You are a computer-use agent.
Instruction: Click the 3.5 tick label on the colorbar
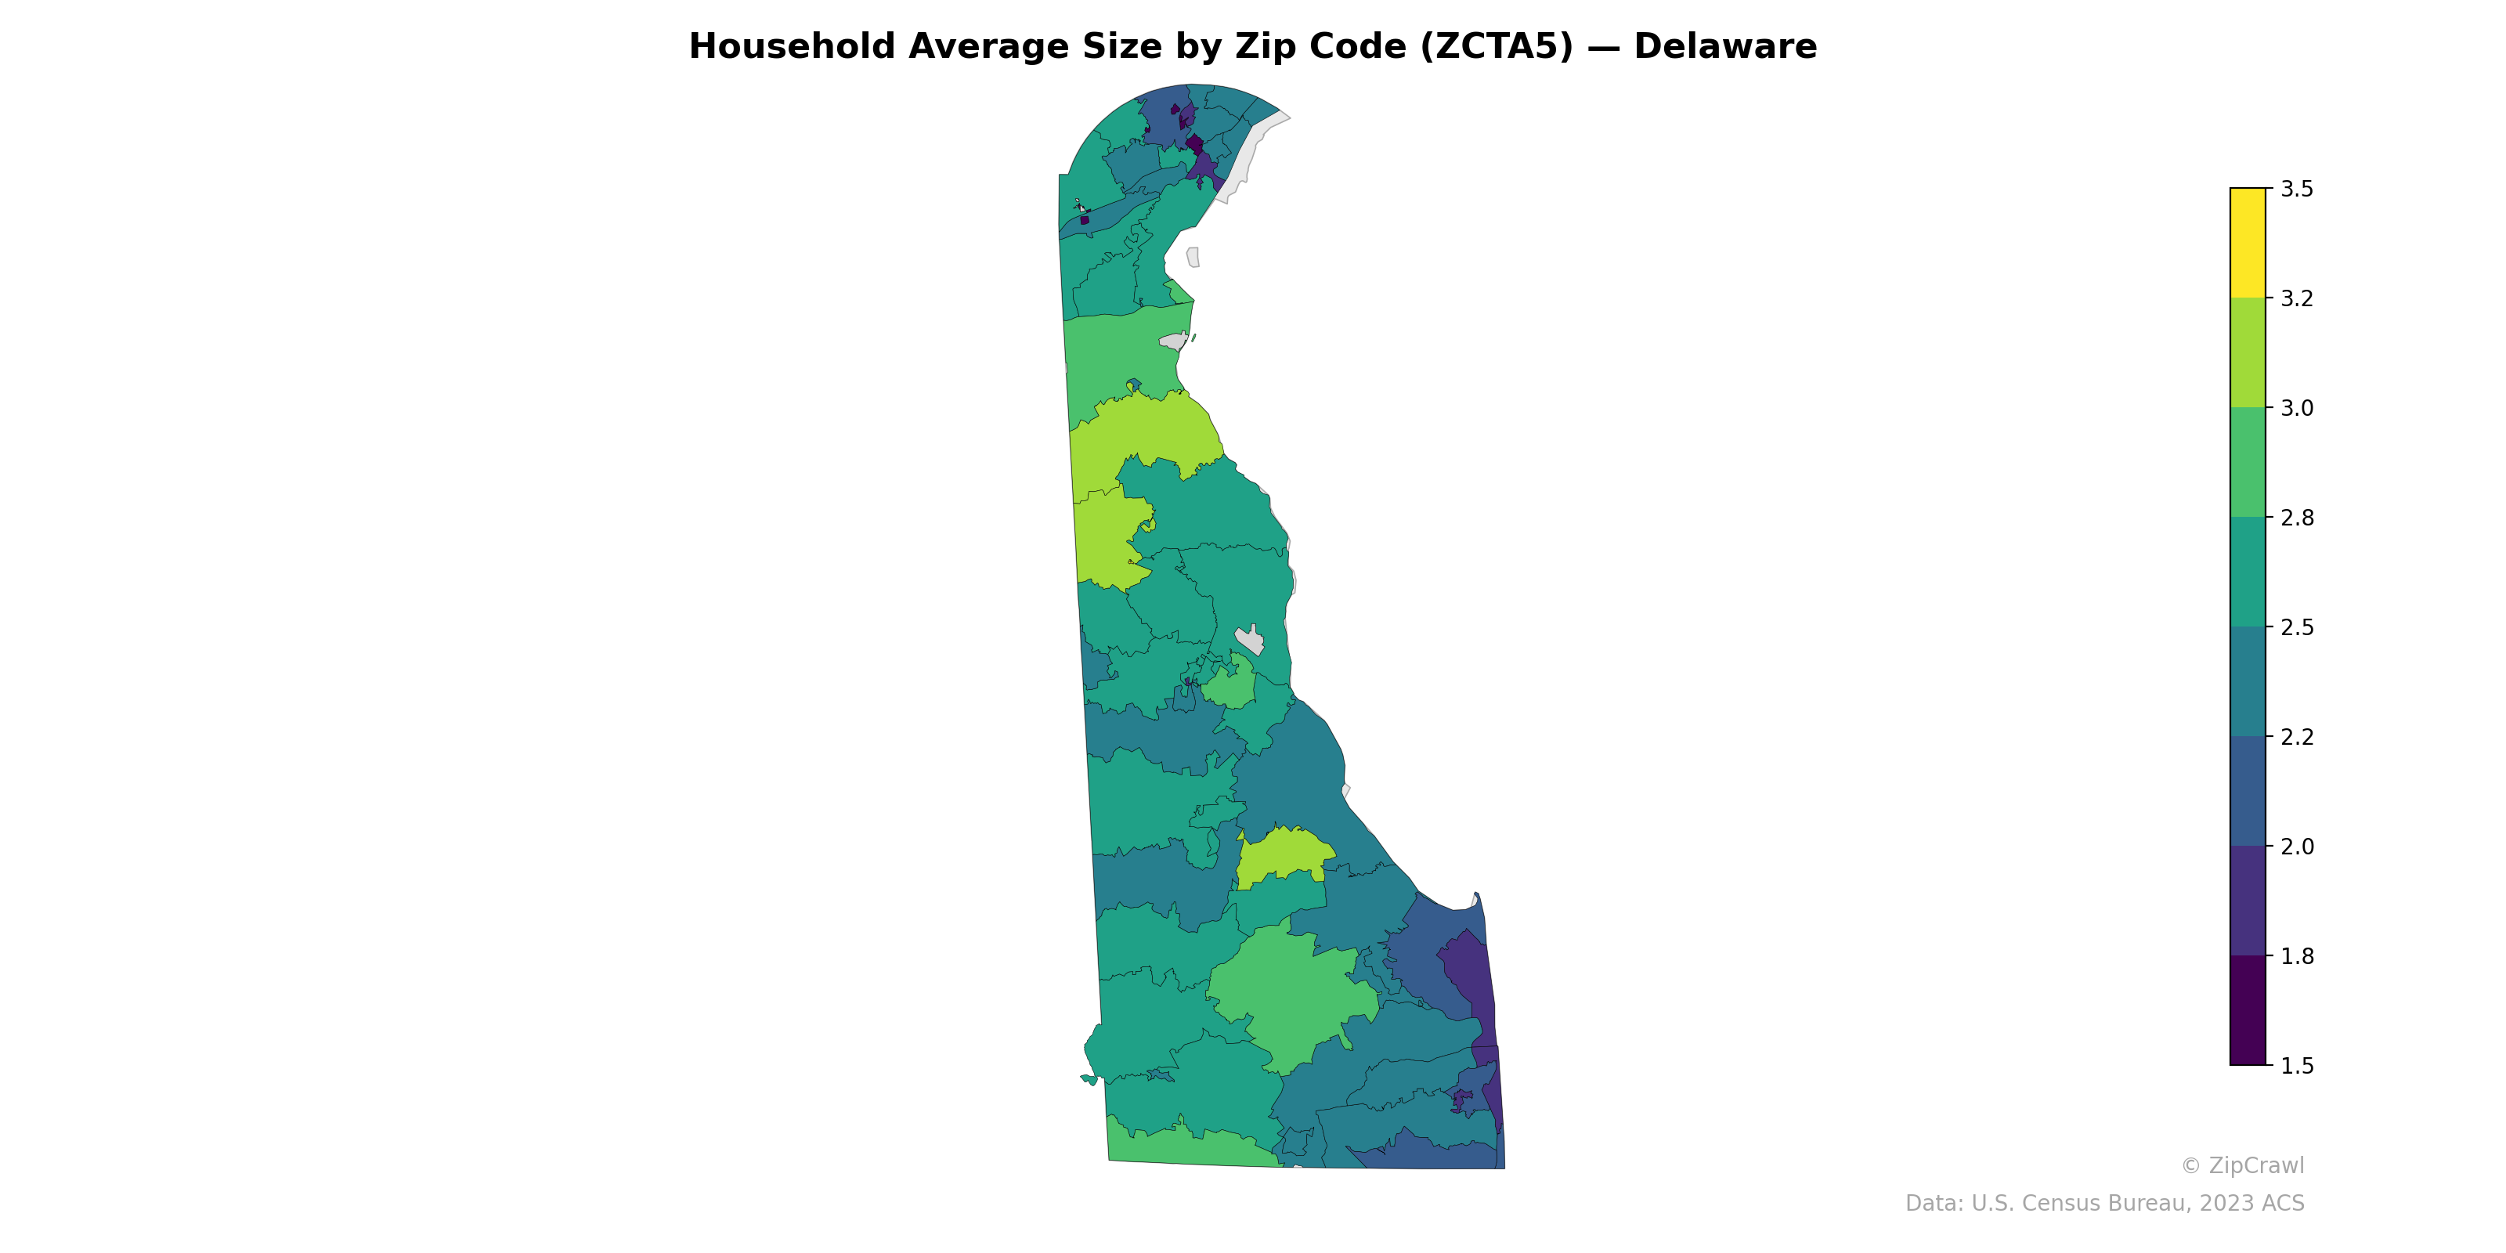[2297, 189]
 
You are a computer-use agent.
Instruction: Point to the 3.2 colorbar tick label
[2297, 298]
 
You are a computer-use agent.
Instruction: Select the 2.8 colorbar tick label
[2297, 518]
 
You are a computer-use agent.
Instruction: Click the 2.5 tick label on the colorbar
[2297, 627]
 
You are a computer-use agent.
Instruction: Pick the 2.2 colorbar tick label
[2297, 738]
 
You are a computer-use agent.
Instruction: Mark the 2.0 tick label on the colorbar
[2297, 847]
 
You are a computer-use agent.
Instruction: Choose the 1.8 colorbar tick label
[2297, 956]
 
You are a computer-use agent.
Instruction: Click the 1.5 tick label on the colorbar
[2297, 1066]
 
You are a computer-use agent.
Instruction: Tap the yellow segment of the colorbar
[2248, 244]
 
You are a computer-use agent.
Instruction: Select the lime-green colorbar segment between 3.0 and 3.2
[2248, 352]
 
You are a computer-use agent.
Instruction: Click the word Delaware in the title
[1724, 47]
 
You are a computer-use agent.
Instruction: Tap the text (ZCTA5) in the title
[1497, 47]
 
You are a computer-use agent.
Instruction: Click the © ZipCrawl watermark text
[2242, 1165]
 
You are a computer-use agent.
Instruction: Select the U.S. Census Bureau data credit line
[2104, 1204]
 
